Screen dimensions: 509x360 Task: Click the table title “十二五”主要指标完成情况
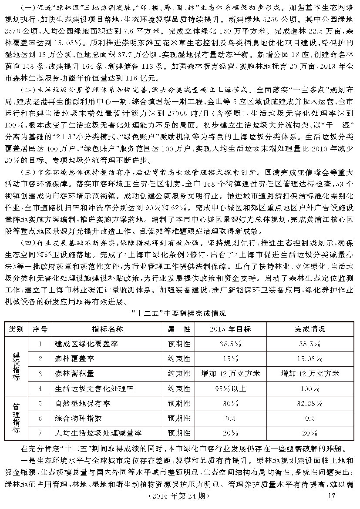(x=179, y=313)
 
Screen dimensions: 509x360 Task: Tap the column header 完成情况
(x=310, y=329)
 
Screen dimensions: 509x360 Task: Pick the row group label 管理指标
(x=16, y=418)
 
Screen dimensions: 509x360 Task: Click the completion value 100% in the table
(x=310, y=388)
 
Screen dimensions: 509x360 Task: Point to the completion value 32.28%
(x=310, y=403)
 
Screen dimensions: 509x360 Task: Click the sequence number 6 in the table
(x=40, y=418)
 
